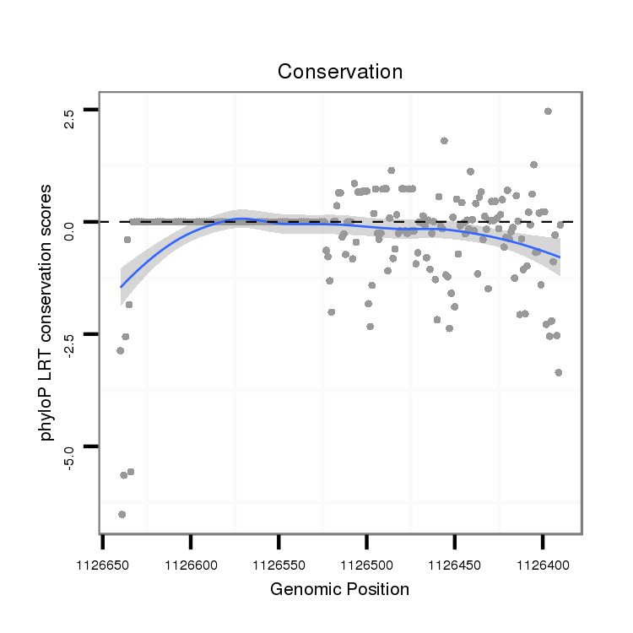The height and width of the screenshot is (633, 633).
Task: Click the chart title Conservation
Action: pyautogui.click(x=340, y=72)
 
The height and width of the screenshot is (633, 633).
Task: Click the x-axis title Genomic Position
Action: pyautogui.click(x=339, y=589)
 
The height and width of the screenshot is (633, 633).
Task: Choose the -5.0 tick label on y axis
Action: pyautogui.click(x=70, y=457)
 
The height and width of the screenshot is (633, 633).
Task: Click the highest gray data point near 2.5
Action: pyautogui.click(x=548, y=111)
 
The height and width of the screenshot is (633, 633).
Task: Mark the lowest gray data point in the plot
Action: pyautogui.click(x=122, y=514)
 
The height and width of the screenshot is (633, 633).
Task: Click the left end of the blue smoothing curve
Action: pyautogui.click(x=121, y=287)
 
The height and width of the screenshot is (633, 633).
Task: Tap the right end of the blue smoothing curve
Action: pyautogui.click(x=560, y=257)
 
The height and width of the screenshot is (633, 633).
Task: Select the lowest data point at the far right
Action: pyautogui.click(x=559, y=372)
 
